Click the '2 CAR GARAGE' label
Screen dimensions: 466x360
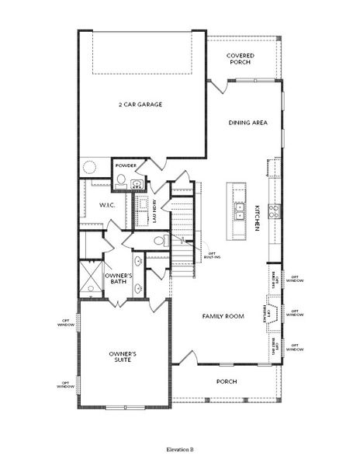[x=140, y=104]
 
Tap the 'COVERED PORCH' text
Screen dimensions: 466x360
[x=241, y=59]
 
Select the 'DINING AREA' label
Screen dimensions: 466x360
[x=248, y=123]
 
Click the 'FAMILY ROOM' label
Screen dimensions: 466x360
[x=223, y=316]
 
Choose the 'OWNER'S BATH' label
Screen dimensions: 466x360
[x=119, y=278]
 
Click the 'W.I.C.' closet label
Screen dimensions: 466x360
[x=107, y=205]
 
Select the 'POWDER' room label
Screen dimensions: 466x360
[x=126, y=165]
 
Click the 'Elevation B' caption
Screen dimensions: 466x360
[x=180, y=449]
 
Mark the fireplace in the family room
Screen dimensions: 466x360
[x=274, y=311]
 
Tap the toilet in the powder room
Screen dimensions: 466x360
[x=122, y=183]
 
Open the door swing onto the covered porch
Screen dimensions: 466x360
[x=219, y=87]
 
